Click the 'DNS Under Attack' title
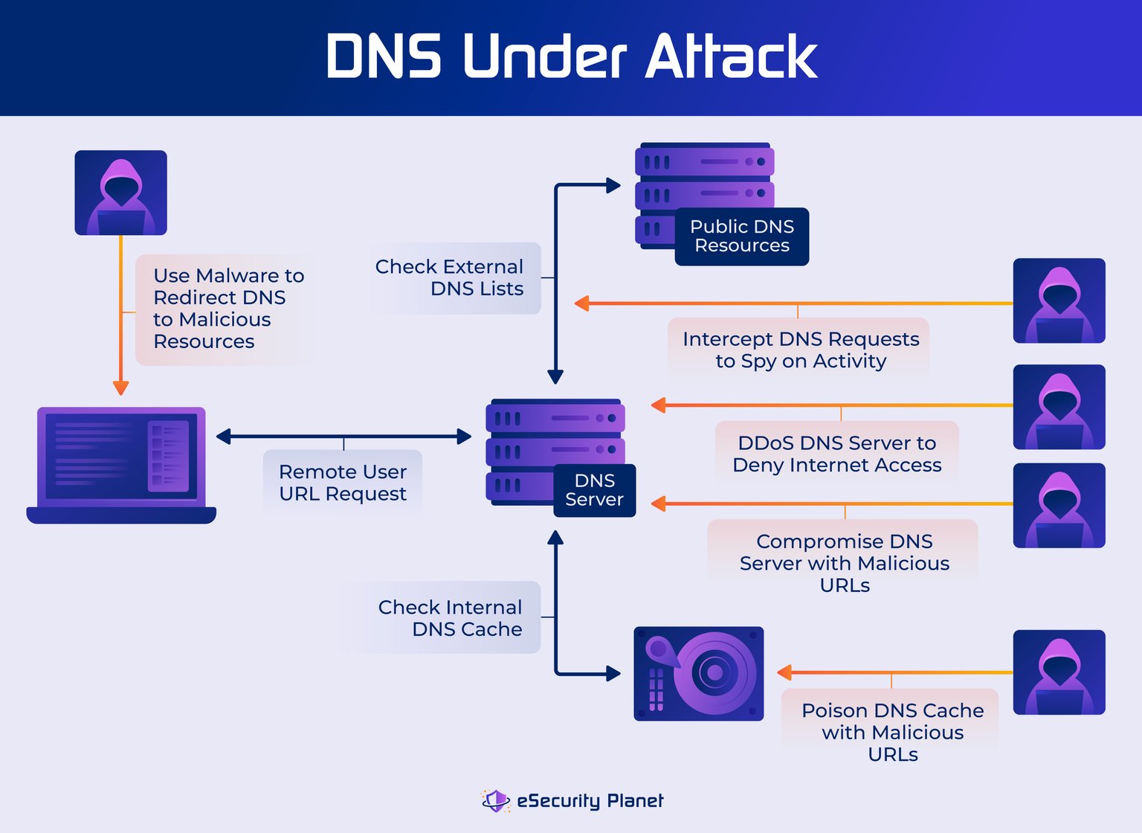pyautogui.click(x=571, y=57)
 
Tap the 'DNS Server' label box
pyautogui.click(x=594, y=490)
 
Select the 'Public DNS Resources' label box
pyautogui.click(x=741, y=237)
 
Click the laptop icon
pyautogui.click(x=121, y=465)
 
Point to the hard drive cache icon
pyautogui.click(x=698, y=673)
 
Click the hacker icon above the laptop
pyautogui.click(x=120, y=193)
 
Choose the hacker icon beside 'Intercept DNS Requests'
pyautogui.click(x=1059, y=300)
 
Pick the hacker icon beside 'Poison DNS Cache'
pyautogui.click(x=1059, y=672)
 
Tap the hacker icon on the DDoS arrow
pyautogui.click(x=1059, y=407)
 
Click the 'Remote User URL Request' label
pyautogui.click(x=343, y=483)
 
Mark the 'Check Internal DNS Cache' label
pyautogui.click(x=450, y=617)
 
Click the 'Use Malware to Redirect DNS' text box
pyautogui.click(x=225, y=309)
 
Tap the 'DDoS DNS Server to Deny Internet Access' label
pyautogui.click(x=836, y=454)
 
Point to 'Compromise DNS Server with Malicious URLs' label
pyautogui.click(x=844, y=562)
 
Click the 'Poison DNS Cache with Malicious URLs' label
pyautogui.click(x=892, y=732)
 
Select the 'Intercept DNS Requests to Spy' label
pyautogui.click(x=800, y=350)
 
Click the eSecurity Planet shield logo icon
pyautogui.click(x=496, y=800)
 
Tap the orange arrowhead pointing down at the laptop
pyautogui.click(x=120, y=387)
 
